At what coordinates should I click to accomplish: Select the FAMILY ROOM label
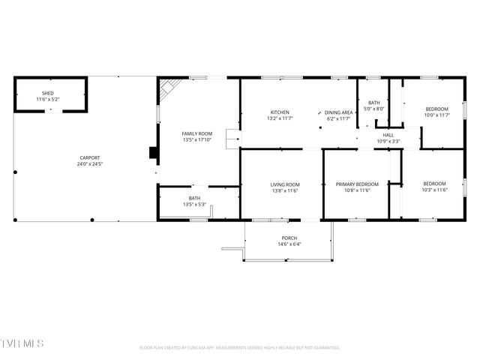point(197,133)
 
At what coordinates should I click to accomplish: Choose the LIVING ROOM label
point(285,184)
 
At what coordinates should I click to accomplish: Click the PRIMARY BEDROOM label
point(357,184)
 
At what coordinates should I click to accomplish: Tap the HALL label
point(388,135)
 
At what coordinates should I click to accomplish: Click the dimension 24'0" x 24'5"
point(90,163)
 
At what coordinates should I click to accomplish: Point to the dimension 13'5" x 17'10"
point(197,139)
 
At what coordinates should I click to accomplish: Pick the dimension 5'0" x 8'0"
point(373,109)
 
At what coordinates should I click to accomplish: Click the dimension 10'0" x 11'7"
point(436,115)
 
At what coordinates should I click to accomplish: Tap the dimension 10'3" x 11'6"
point(434,190)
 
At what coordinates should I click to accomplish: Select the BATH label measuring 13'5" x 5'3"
point(194,198)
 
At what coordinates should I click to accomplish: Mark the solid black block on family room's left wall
point(154,153)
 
